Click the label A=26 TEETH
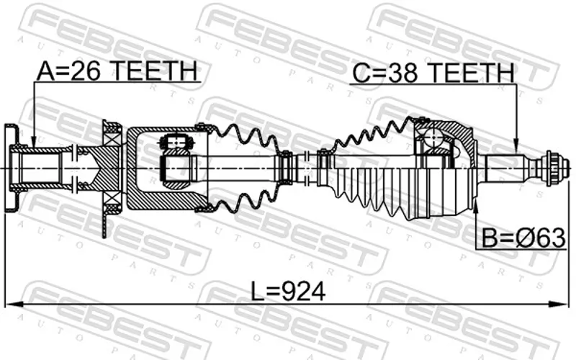point(117,71)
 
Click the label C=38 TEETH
point(433,73)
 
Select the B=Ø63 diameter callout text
point(523,238)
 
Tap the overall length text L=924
point(288,292)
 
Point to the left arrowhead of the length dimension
point(13,304)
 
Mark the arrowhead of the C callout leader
point(516,145)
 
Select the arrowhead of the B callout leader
point(476,204)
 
